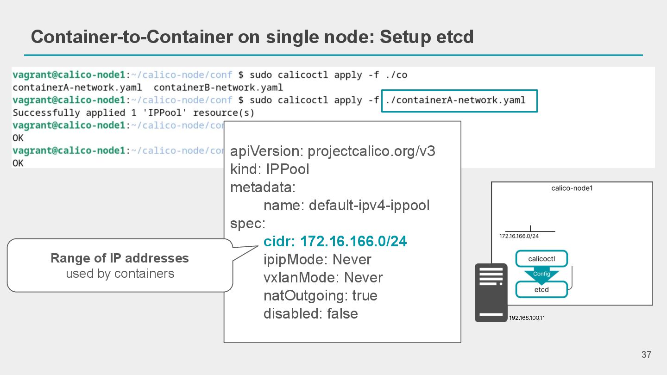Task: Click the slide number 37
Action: click(x=646, y=355)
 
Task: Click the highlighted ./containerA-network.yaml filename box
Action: click(x=459, y=100)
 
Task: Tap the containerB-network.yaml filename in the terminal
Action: click(x=218, y=87)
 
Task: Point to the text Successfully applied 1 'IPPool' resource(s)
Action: click(x=133, y=113)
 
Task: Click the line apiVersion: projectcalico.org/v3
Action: click(x=333, y=151)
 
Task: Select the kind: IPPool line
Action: click(x=270, y=169)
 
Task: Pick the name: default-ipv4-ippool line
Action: click(x=346, y=205)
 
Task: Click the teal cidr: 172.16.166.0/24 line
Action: click(x=335, y=241)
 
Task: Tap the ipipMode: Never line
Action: click(x=317, y=259)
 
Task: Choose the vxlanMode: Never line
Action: click(x=323, y=277)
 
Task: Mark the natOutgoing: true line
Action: click(x=320, y=295)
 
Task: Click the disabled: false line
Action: click(x=310, y=313)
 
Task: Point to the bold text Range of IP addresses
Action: click(x=120, y=258)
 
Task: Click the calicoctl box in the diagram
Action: click(x=541, y=259)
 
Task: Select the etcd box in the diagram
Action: click(x=541, y=290)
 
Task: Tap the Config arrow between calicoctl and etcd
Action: click(x=541, y=275)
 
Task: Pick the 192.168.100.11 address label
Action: click(x=527, y=318)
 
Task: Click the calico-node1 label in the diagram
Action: click(x=572, y=188)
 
